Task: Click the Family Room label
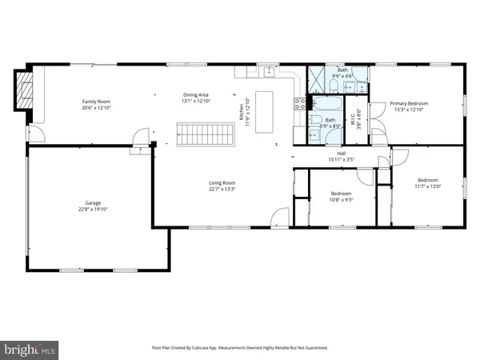(x=95, y=102)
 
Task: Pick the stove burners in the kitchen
(x=299, y=102)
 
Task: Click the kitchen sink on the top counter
(x=269, y=72)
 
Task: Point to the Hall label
(x=341, y=153)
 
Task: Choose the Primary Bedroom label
(x=409, y=103)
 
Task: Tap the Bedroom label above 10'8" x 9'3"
(x=342, y=193)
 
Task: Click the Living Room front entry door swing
(x=279, y=216)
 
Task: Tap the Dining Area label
(x=196, y=95)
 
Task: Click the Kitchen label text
(x=238, y=112)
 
